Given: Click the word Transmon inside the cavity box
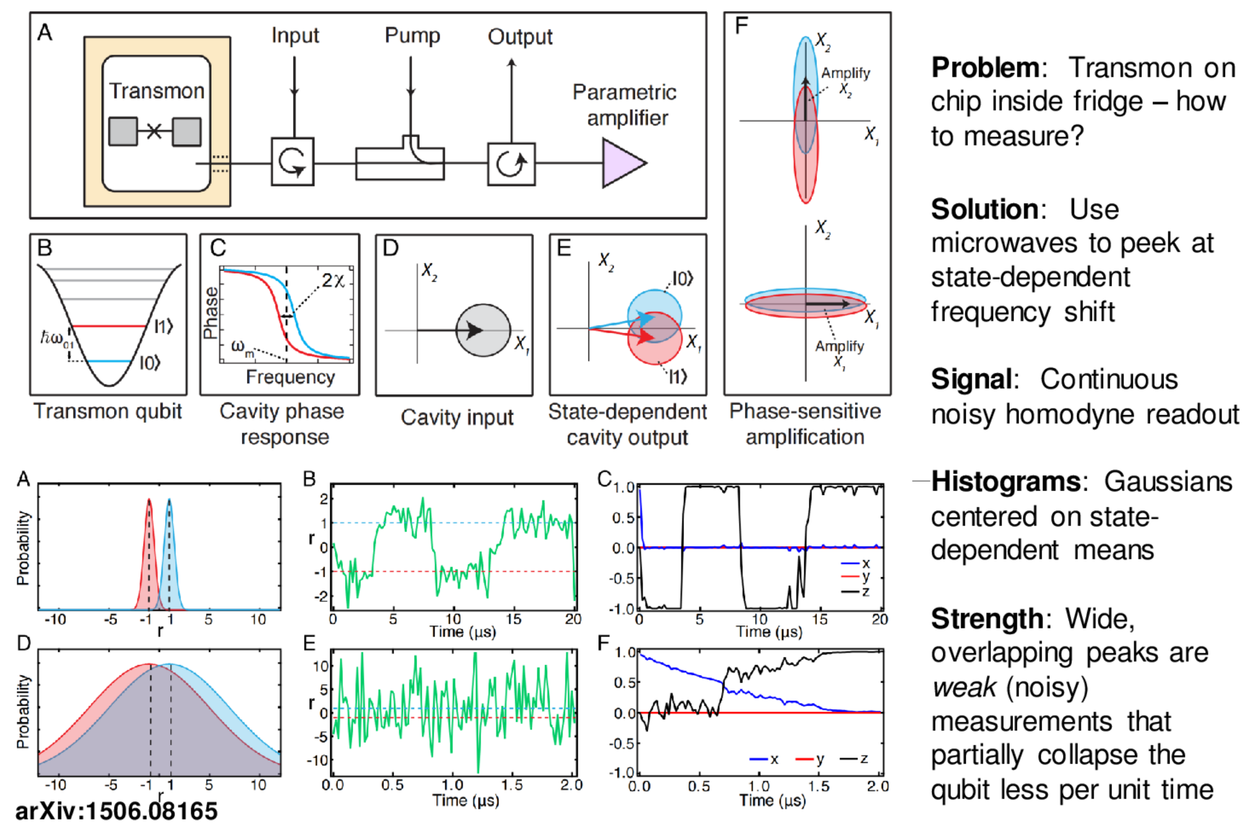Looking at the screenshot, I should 157,91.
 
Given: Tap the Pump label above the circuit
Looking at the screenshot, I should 412,35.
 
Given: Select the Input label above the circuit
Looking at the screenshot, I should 295,35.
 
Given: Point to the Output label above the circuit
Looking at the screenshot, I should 520,37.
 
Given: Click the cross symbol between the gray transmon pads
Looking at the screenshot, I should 155,131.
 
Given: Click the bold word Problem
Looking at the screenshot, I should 985,67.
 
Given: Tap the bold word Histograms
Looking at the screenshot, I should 1005,481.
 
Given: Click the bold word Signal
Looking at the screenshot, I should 971,379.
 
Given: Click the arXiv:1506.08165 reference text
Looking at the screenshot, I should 116,811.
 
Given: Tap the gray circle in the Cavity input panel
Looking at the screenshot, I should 483,330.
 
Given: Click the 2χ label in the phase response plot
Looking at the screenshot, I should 333,281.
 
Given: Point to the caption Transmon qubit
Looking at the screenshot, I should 108,411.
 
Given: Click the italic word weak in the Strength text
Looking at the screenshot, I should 963,687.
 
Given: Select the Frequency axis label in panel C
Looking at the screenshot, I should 290,377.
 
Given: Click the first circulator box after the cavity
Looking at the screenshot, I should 292,162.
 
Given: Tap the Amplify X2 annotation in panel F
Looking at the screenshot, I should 845,81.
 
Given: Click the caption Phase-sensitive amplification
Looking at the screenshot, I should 804,424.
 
